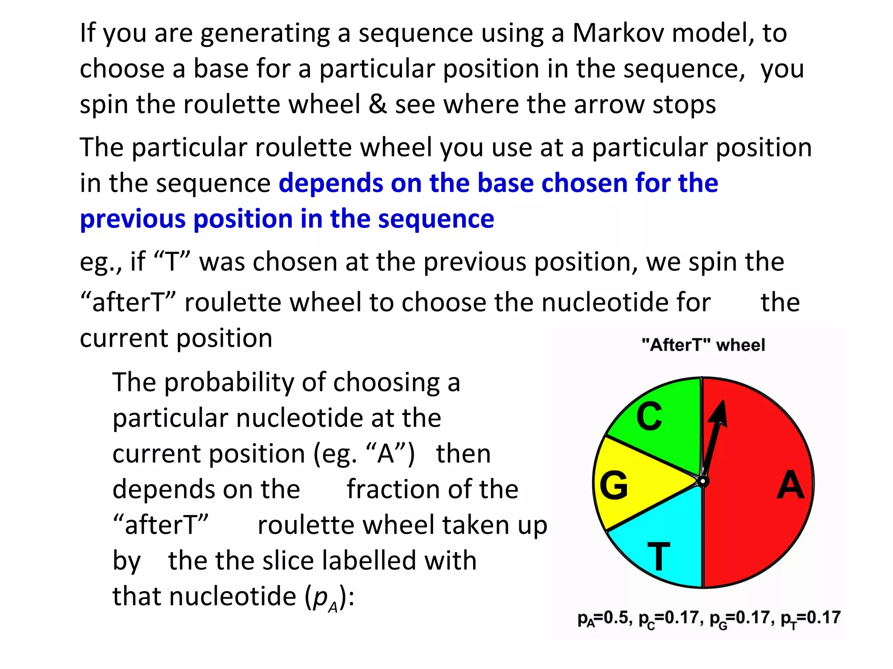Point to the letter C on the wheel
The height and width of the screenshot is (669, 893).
pos(649,416)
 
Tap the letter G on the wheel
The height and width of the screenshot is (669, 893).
pos(614,485)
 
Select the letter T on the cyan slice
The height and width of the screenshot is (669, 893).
pos(658,556)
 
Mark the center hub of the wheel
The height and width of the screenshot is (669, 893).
pos(702,481)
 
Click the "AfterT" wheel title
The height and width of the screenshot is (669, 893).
pos(703,345)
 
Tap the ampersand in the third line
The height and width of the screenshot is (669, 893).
pos(378,105)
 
